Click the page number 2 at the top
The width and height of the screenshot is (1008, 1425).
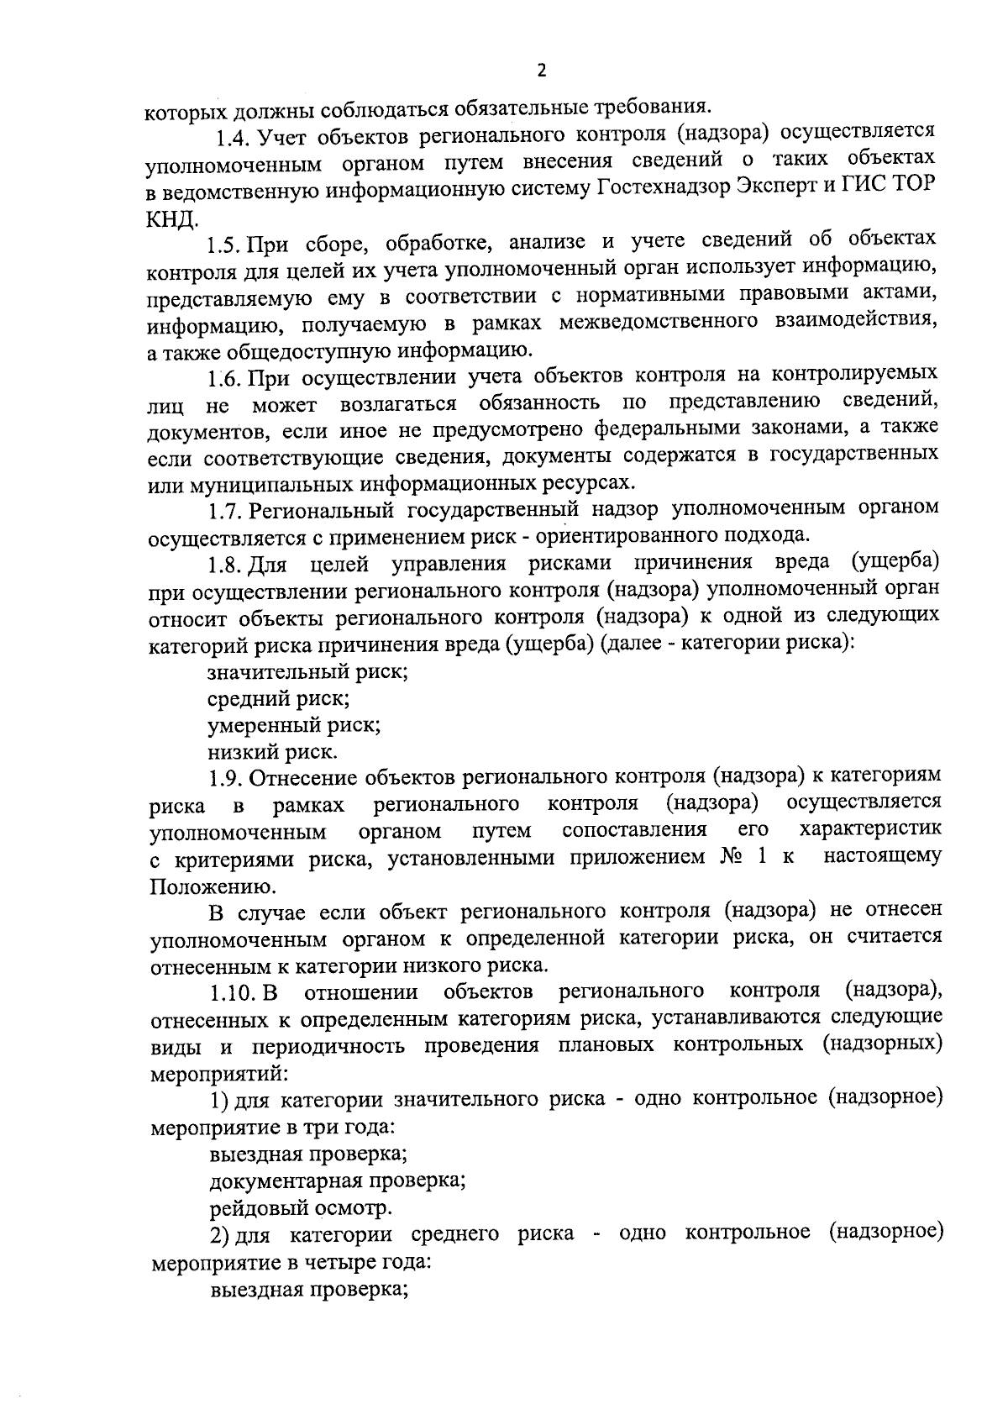pyautogui.click(x=541, y=71)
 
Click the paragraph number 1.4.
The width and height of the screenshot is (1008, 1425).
pyautogui.click(x=233, y=134)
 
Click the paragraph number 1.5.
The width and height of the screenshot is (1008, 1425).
pyautogui.click(x=226, y=245)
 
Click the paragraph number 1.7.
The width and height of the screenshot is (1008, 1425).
pyautogui.click(x=226, y=510)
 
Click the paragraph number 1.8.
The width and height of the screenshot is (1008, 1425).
pyautogui.click(x=226, y=565)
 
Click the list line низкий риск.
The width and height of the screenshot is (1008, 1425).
pyautogui.click(x=273, y=752)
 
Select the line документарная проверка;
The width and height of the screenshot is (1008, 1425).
pyautogui.click(x=338, y=1182)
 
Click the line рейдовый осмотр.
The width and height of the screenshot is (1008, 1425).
pyautogui.click(x=301, y=1209)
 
